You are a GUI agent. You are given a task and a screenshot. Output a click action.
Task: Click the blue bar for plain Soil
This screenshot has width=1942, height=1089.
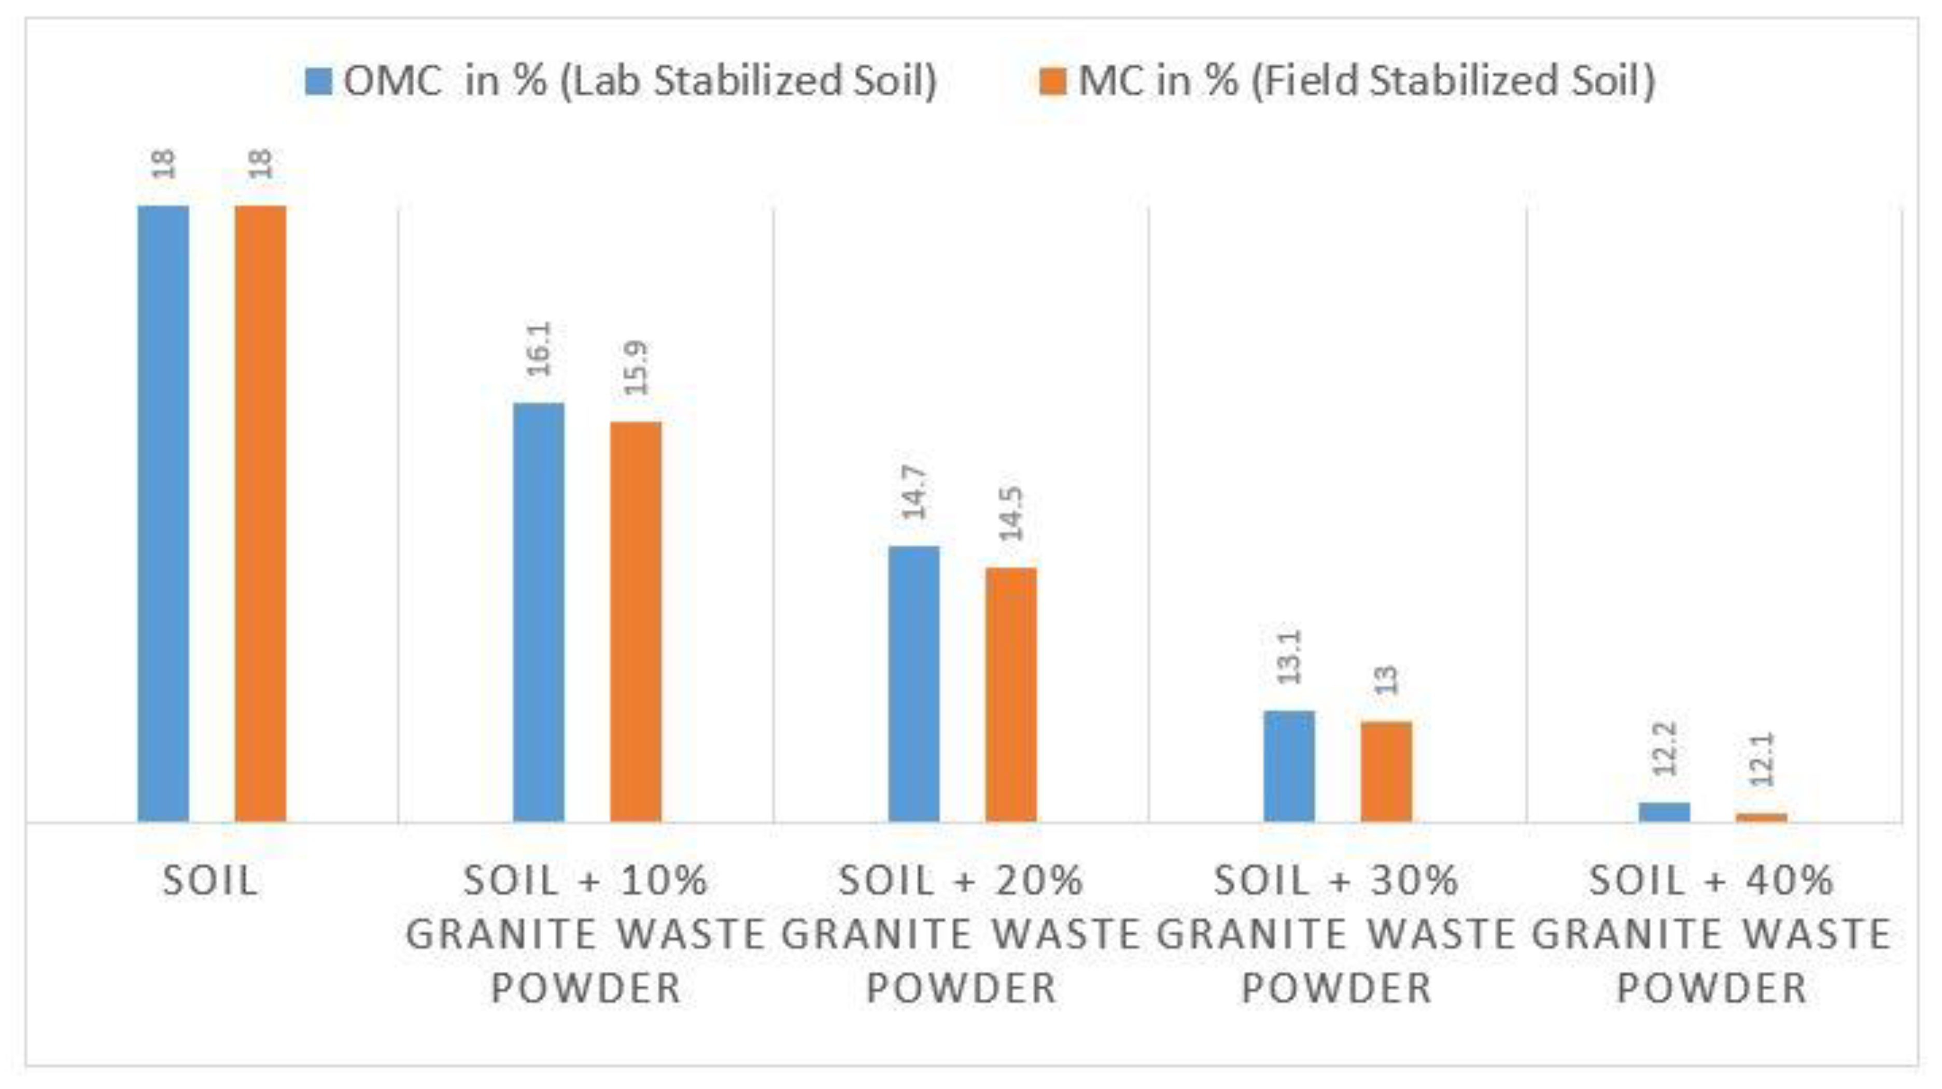tap(163, 513)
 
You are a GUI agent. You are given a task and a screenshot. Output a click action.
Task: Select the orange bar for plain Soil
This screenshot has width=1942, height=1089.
tap(260, 513)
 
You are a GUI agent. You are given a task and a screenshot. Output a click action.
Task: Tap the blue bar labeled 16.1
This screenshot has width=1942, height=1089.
tap(538, 611)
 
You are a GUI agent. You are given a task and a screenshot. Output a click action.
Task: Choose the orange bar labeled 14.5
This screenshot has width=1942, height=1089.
tap(1011, 694)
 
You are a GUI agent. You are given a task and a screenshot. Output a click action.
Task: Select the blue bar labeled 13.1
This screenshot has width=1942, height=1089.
tap(1289, 765)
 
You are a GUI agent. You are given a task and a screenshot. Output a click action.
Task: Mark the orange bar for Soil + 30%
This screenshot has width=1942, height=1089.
tap(1386, 771)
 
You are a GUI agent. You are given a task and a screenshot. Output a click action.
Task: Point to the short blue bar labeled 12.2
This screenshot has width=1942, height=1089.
tap(1665, 812)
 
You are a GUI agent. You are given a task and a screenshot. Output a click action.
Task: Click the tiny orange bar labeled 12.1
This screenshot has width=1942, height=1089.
tap(1762, 817)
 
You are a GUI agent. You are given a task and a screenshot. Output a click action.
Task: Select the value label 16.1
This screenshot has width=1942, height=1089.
tap(540, 348)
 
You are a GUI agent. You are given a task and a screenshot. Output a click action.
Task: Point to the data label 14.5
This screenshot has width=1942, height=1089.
tap(1012, 513)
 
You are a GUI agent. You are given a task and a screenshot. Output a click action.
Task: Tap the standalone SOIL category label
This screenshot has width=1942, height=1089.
tap(210, 880)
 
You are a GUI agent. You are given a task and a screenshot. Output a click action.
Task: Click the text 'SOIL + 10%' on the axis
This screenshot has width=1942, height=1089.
tap(586, 880)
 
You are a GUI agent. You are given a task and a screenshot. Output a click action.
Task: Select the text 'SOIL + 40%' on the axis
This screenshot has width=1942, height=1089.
tap(1711, 880)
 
